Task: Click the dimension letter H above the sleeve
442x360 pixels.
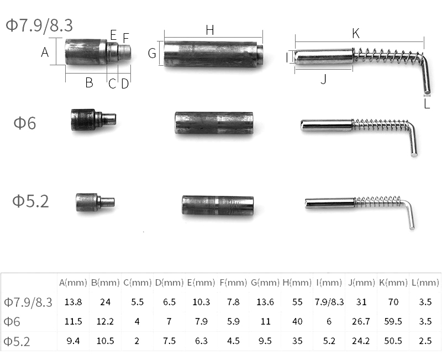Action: [210, 30]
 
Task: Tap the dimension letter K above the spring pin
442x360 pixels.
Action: [356, 34]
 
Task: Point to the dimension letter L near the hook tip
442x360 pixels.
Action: [427, 104]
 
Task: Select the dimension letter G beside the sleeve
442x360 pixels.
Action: [152, 53]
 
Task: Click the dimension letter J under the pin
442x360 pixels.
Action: [324, 79]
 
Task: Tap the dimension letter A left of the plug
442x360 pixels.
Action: [45, 52]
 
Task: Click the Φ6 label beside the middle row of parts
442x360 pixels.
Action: [25, 123]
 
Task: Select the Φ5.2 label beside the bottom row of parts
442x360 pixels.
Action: [30, 201]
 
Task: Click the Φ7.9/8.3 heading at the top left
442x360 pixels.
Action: [39, 25]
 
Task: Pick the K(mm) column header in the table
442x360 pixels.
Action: [393, 283]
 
